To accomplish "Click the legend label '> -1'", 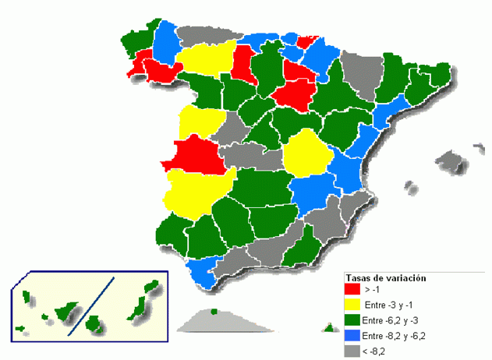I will [373, 290].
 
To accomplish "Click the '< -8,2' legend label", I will [375, 351].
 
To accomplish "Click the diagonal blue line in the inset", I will [92, 305].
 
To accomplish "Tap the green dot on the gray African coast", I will [214, 312].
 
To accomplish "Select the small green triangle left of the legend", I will [327, 329].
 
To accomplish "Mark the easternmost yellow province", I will [305, 154].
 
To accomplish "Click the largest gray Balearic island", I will [450, 162].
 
